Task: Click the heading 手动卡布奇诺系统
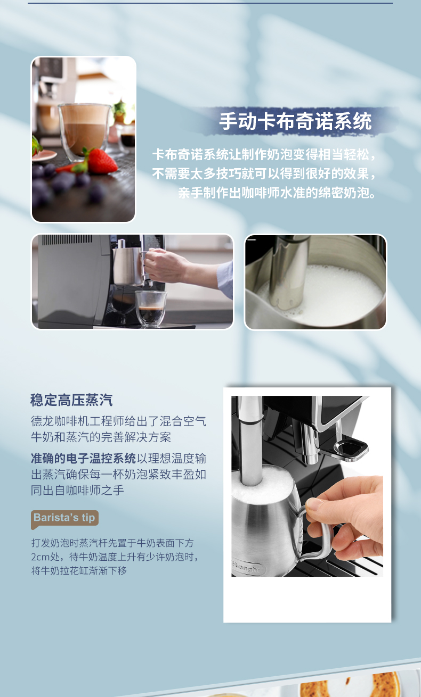[295, 121]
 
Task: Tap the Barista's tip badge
[64, 519]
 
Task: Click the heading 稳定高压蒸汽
[71, 400]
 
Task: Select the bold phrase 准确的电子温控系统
[83, 458]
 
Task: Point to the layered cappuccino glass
[85, 131]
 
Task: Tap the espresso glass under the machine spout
[151, 308]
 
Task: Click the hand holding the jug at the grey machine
[166, 265]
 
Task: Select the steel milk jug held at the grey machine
[129, 265]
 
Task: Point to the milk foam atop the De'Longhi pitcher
[262, 481]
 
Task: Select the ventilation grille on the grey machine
[67, 239]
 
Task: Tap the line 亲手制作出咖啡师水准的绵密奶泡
[277, 193]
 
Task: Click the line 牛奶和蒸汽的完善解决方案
[101, 437]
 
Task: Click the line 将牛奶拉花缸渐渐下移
[79, 570]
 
